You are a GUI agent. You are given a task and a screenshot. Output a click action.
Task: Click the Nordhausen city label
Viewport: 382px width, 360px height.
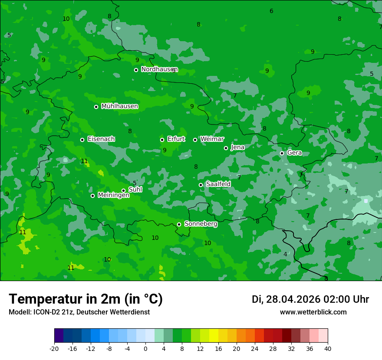(x=159, y=69)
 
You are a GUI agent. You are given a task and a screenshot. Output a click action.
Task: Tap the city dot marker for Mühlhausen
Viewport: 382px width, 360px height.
(x=96, y=107)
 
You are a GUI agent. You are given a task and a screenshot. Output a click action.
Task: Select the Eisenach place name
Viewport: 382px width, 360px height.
(x=101, y=139)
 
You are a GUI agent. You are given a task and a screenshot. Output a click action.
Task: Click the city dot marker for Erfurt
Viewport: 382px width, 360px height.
(x=162, y=140)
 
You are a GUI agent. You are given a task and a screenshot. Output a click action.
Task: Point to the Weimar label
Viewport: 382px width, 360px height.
(x=212, y=139)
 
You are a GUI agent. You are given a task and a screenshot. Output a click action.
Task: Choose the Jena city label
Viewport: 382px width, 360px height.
(x=237, y=147)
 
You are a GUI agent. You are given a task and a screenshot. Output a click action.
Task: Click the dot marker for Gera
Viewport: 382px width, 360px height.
(x=282, y=153)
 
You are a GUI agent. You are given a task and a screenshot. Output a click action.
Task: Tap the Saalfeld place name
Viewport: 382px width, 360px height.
(x=218, y=184)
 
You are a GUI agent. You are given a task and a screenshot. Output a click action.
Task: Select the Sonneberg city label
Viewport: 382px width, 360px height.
(x=201, y=224)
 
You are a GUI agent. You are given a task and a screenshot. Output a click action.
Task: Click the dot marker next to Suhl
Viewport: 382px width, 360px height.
(x=123, y=190)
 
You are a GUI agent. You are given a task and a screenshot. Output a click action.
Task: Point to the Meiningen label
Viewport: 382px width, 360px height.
(x=113, y=195)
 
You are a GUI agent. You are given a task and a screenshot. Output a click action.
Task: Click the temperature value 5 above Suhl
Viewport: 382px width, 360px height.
(x=135, y=183)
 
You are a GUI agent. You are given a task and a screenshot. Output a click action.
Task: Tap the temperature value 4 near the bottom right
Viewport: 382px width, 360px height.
(x=285, y=254)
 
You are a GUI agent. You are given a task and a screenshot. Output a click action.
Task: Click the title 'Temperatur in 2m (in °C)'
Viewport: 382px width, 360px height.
(x=86, y=299)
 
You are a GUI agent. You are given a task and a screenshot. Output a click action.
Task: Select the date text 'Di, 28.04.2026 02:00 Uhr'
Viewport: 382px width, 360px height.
(x=310, y=299)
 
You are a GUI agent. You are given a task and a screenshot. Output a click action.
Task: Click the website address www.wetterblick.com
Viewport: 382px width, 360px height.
(x=313, y=312)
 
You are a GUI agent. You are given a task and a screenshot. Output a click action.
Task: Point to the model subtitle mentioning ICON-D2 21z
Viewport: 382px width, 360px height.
(x=79, y=312)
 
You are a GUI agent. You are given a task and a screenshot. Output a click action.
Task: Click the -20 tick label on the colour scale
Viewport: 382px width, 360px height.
(x=54, y=348)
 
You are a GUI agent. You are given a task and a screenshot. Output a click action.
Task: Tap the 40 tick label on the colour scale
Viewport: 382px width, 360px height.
(x=328, y=348)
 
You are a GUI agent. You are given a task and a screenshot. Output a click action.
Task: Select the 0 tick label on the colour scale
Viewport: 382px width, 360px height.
(x=145, y=348)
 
